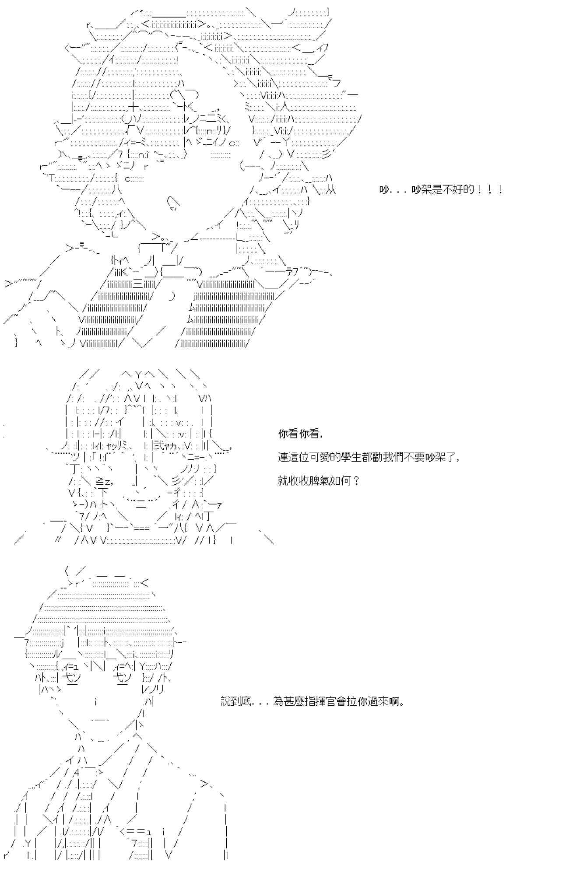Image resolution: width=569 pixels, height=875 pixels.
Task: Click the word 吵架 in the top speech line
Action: coord(421,190)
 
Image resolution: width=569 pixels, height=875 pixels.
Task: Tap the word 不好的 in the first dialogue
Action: coord(459,190)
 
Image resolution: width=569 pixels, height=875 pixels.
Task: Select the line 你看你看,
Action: coord(301,434)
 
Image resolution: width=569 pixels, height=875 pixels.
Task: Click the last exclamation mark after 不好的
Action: coord(500,190)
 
